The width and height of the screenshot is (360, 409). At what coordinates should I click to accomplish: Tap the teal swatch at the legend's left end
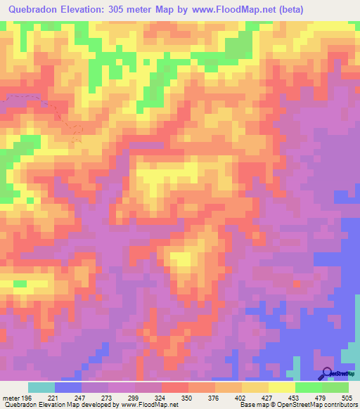pos(41,387)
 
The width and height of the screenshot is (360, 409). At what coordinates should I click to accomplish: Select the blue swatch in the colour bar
pos(68,387)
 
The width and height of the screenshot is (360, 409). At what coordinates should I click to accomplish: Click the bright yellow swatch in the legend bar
pos(281,387)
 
